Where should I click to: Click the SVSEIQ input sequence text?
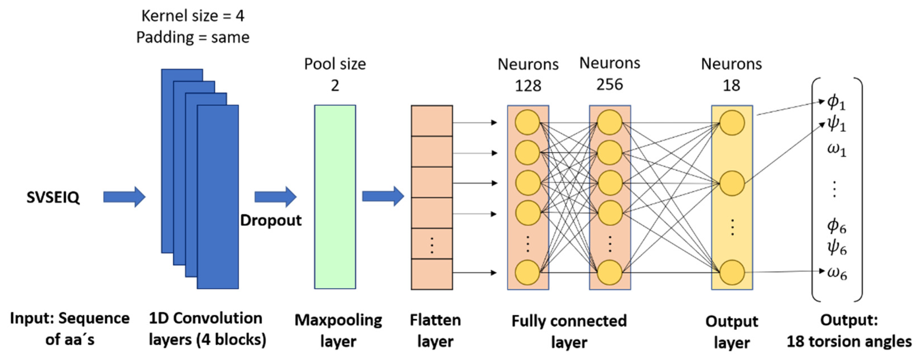pos(53,197)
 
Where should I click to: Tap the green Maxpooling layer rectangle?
pos(335,197)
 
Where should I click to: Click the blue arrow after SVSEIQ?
pos(124,197)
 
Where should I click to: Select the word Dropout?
pos(270,220)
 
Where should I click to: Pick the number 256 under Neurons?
pos(610,85)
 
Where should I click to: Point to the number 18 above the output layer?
pos(731,85)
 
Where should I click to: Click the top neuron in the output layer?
pos(732,123)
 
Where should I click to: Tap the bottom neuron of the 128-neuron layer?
pos(527,273)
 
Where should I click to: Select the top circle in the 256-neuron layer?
pos(610,123)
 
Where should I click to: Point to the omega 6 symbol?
pos(837,274)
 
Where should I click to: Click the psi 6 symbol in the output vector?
pos(837,247)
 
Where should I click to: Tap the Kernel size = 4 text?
pos(193,16)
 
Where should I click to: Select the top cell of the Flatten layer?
pos(432,121)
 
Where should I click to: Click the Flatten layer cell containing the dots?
pos(432,244)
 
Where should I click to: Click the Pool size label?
pos(335,64)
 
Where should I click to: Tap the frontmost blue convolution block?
pos(218,197)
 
